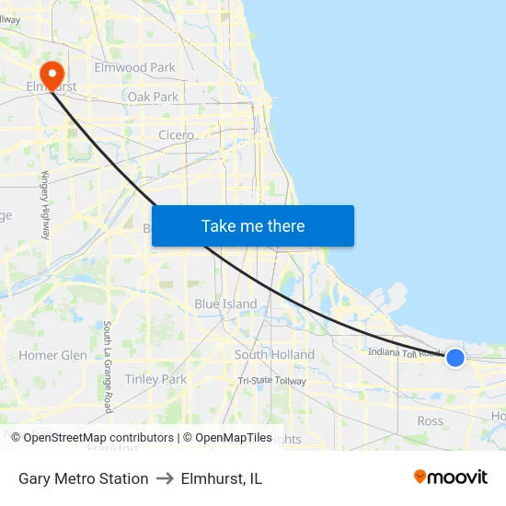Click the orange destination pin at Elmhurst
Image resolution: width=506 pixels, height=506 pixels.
(52, 74)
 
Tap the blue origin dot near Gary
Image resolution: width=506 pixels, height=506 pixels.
(454, 357)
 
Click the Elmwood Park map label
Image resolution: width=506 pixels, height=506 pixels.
(134, 67)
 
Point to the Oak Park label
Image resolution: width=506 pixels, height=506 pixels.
(153, 97)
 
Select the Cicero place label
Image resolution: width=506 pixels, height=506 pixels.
(176, 135)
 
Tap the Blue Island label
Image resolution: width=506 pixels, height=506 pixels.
(225, 305)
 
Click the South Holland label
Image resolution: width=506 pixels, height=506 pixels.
(274, 355)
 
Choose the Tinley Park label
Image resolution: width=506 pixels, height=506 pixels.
(155, 379)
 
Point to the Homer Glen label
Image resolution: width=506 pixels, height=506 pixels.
(52, 355)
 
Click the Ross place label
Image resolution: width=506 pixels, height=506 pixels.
(430, 421)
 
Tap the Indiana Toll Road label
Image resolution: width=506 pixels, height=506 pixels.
(405, 351)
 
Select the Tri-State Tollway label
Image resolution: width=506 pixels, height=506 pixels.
(271, 381)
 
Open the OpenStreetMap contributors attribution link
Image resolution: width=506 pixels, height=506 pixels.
(92, 438)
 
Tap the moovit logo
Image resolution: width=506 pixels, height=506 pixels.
(450, 477)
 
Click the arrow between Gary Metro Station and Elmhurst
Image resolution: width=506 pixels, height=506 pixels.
(165, 478)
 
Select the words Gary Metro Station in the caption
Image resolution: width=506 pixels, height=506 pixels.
(83, 478)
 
